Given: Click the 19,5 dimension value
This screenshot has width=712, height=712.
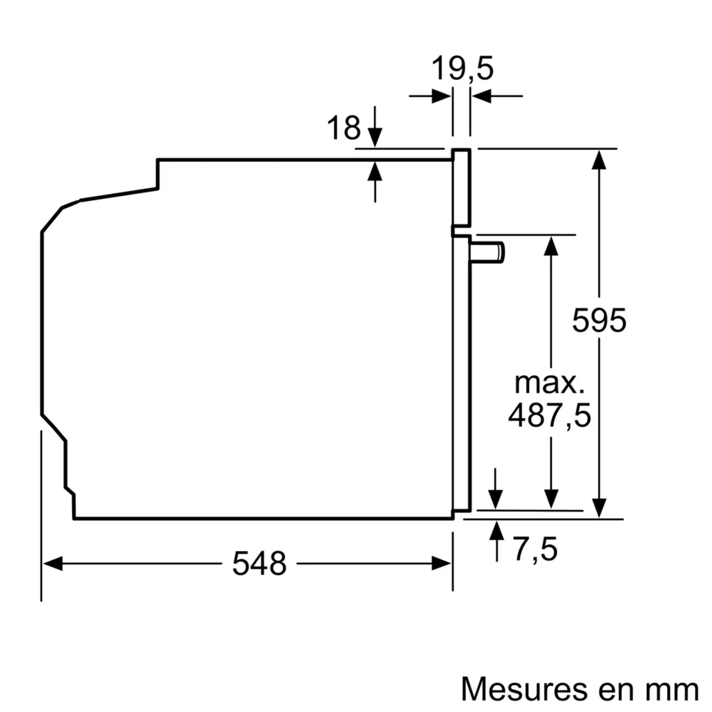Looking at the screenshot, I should pyautogui.click(x=462, y=69).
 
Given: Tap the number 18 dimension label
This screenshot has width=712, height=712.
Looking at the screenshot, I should pyautogui.click(x=343, y=128).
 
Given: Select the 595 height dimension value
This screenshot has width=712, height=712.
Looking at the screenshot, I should pyautogui.click(x=599, y=320).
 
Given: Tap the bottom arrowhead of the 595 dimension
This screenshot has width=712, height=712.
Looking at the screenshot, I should pyautogui.click(x=599, y=508).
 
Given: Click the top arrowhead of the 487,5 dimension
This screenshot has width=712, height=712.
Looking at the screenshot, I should pyautogui.click(x=551, y=246).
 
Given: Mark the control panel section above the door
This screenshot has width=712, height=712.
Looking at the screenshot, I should pyautogui.click(x=462, y=188).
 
